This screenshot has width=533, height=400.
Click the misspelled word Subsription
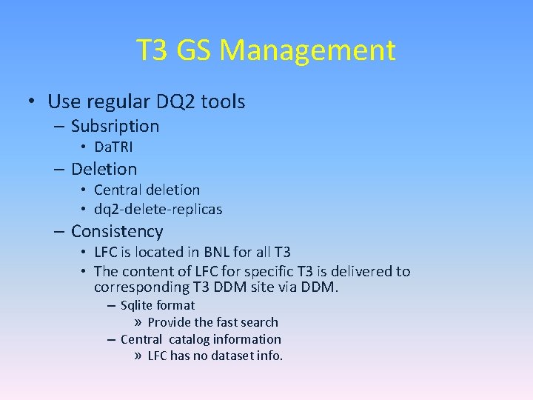115,126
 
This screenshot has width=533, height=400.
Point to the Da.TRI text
113,147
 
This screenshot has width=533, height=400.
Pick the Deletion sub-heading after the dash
104,169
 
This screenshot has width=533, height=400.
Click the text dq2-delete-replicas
158,209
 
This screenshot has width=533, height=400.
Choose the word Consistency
117,232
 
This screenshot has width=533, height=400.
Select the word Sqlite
137,305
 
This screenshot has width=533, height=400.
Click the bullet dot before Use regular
33,101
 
